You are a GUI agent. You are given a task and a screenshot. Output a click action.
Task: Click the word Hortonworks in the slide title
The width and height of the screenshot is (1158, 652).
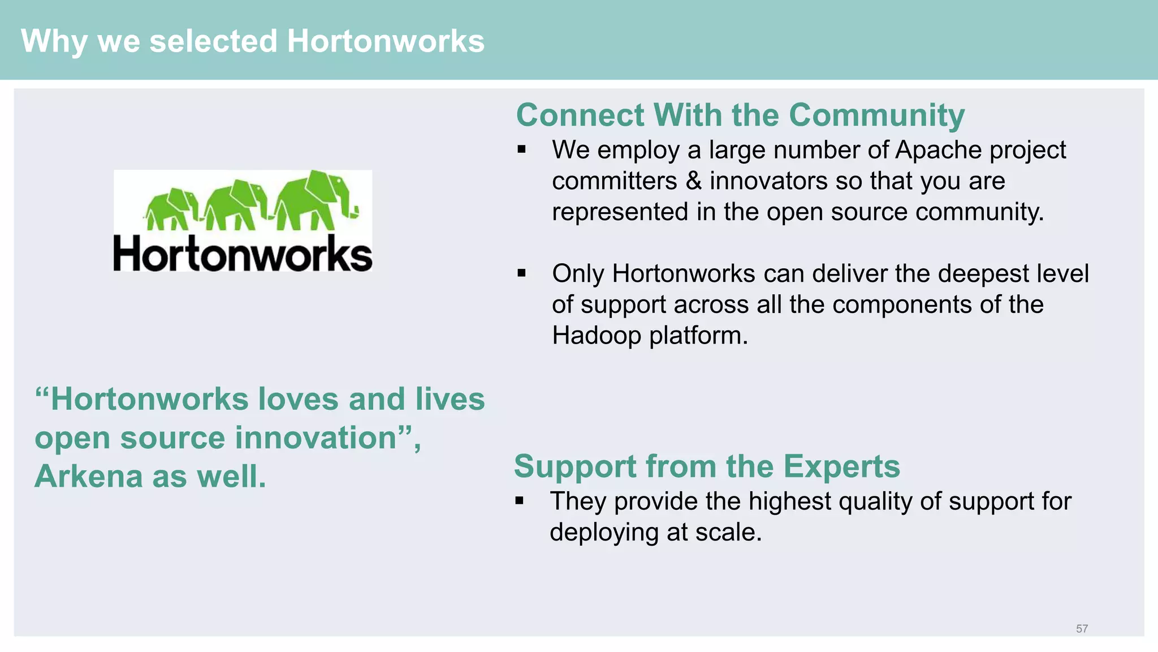tap(386, 41)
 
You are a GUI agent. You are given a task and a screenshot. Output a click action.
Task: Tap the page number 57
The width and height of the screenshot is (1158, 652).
tap(1082, 629)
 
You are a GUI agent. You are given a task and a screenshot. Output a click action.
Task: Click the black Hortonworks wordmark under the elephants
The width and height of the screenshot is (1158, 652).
tap(243, 254)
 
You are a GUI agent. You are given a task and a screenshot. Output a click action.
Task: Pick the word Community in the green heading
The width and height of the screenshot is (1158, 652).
tap(876, 115)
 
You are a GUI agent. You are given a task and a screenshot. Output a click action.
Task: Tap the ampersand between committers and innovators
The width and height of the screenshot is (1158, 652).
tap(693, 181)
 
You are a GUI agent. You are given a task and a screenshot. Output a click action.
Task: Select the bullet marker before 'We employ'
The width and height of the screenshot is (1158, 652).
tap(521, 150)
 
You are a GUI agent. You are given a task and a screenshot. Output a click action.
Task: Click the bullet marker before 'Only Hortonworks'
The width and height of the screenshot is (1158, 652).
tap(521, 274)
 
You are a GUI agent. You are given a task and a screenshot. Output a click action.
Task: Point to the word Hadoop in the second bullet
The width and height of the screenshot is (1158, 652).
tap(597, 336)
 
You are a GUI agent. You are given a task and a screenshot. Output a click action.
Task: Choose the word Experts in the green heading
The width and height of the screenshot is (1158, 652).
tap(841, 467)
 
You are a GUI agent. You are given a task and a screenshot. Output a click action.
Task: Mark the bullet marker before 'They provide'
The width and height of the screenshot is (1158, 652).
tap(519, 501)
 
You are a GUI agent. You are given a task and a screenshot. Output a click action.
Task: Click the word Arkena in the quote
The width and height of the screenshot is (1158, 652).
tap(88, 477)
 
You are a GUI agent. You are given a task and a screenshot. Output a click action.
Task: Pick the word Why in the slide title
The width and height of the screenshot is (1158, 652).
tap(54, 41)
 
